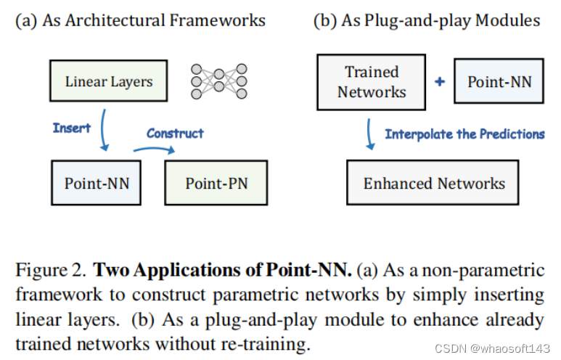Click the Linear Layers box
109,81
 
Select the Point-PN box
216,183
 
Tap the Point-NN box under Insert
97,183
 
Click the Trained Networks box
372,82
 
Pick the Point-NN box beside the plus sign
499,81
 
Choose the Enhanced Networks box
433,183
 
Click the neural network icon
218,81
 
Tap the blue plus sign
439,82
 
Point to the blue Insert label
71,128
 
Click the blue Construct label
175,133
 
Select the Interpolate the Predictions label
464,134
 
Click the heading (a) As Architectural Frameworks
141,20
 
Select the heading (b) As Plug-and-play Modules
426,20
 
